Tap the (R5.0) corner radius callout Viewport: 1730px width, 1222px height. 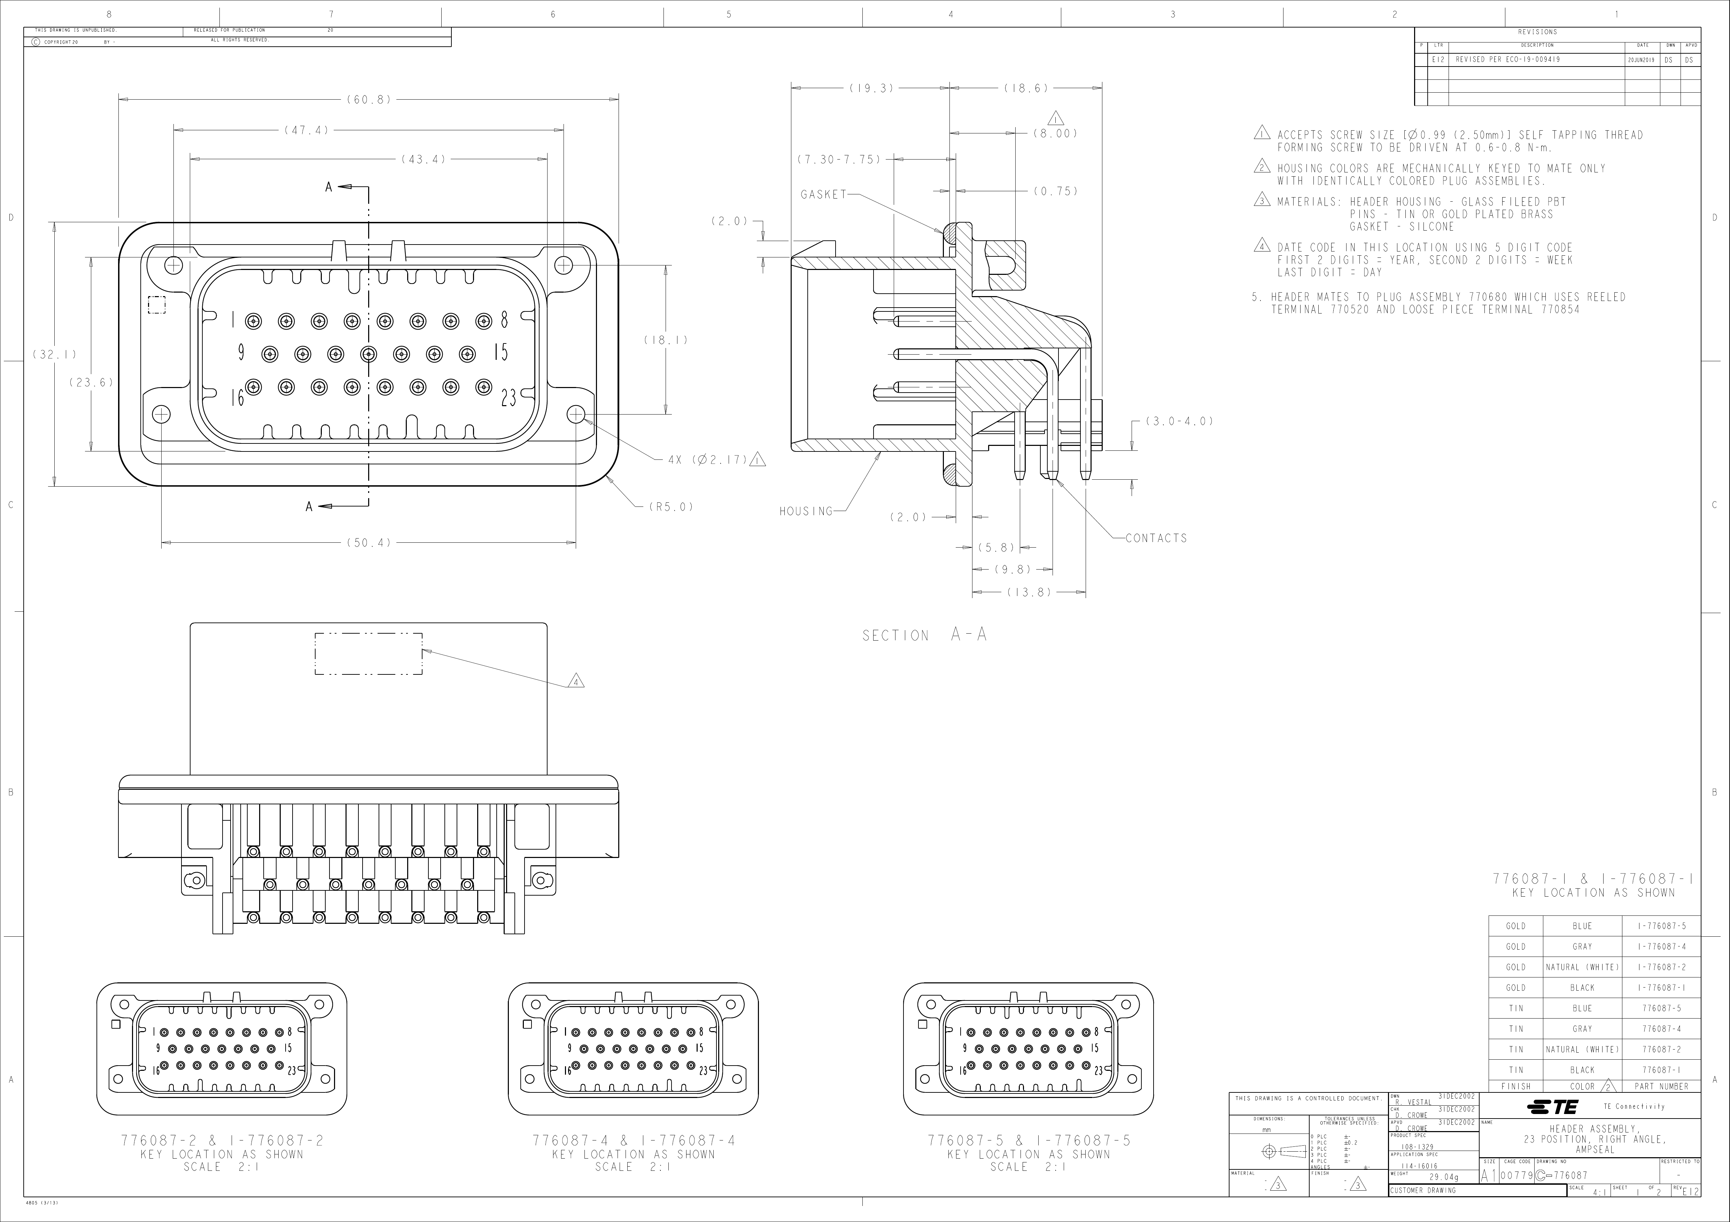click(670, 507)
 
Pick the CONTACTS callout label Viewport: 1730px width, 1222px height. click(1156, 538)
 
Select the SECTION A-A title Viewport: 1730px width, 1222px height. click(924, 635)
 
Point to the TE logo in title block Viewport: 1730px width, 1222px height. click(1552, 1107)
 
